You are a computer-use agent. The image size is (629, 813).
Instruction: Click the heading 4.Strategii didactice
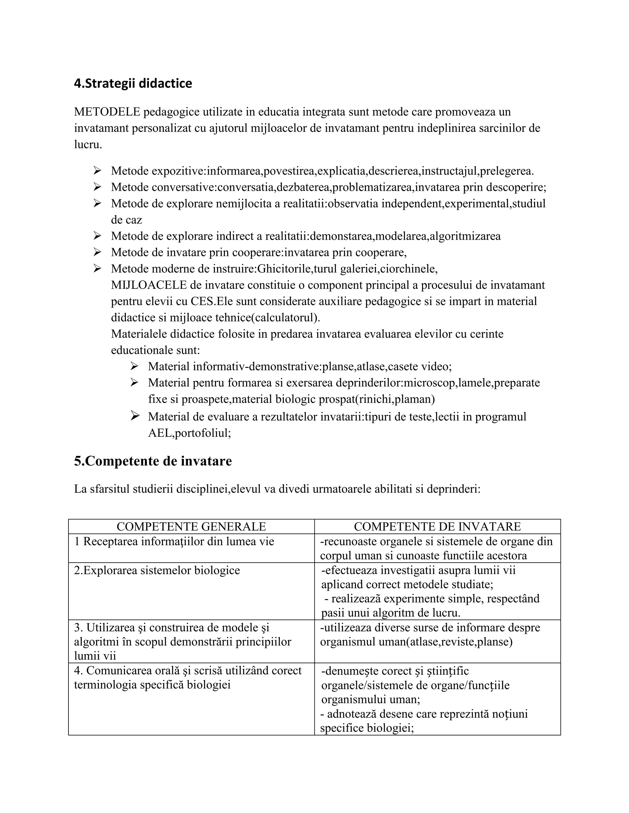click(x=133, y=83)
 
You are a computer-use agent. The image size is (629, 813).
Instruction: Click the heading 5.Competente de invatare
click(x=153, y=461)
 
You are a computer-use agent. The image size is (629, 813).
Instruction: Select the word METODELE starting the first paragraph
click(x=107, y=112)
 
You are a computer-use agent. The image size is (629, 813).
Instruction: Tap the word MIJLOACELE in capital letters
click(x=149, y=285)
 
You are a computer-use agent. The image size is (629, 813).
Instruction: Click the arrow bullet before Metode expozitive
click(x=97, y=171)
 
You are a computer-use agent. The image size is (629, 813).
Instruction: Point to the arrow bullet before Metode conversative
click(x=97, y=187)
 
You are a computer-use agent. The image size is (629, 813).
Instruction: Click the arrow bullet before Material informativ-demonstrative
click(x=134, y=366)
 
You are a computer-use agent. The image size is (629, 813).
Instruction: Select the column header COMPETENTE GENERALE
click(x=191, y=526)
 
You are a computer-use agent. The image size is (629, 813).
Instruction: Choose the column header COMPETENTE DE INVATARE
click(x=437, y=526)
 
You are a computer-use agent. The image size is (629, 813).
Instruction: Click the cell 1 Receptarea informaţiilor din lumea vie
click(x=174, y=541)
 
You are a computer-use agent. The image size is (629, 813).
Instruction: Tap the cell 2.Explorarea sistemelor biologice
click(x=157, y=570)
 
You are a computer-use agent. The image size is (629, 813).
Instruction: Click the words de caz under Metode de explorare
click(x=126, y=220)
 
